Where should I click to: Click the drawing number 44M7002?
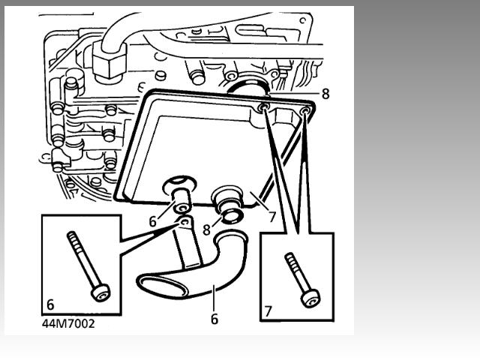68,325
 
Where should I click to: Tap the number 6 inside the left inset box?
50,304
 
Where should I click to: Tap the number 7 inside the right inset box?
268,310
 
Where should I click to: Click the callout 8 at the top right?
325,95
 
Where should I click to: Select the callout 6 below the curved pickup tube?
214,319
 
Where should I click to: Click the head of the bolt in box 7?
307,298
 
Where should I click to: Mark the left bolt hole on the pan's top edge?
265,109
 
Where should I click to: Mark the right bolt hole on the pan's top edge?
306,112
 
